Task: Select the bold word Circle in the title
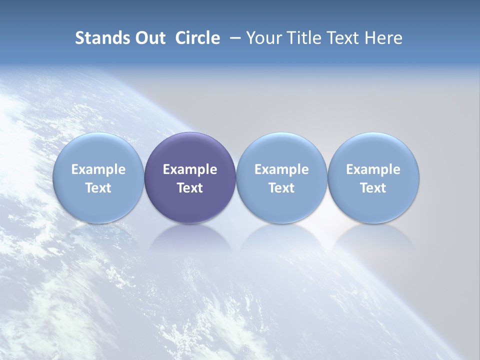coord(197,38)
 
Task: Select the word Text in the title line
coord(344,38)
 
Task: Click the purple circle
coord(190,150)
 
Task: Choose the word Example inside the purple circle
coord(190,169)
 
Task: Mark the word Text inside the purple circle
coord(190,188)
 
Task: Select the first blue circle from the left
coord(98,150)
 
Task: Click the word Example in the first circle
coord(98,169)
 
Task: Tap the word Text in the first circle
coord(98,188)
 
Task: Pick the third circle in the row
coord(281,150)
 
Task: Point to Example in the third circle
coord(281,169)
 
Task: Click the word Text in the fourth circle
coord(373,188)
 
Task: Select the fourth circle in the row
coord(373,150)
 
